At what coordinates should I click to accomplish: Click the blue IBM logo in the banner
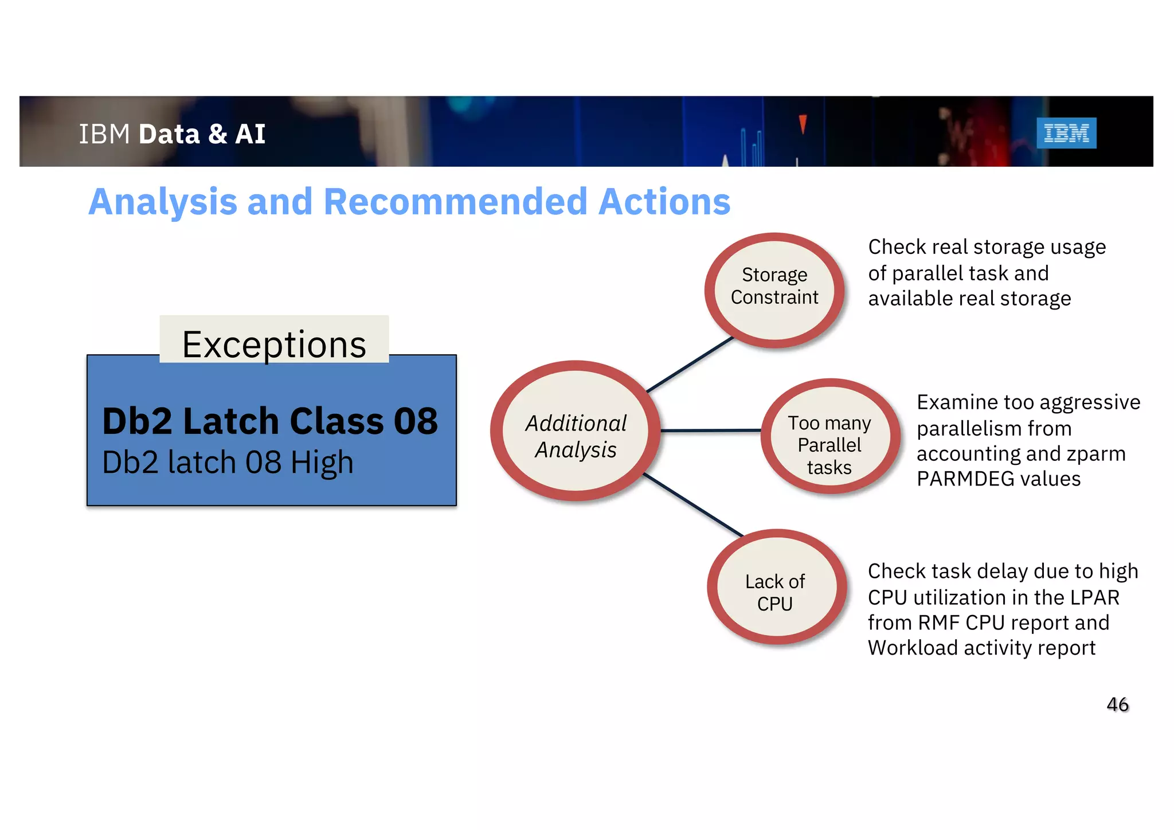[1066, 133]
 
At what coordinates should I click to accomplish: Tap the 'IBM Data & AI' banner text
[172, 134]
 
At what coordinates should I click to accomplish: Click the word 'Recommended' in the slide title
[456, 202]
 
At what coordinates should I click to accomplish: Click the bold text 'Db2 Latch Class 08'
[269, 421]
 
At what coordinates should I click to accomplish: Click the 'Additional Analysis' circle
[576, 431]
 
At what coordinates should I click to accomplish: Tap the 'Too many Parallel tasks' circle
[829, 437]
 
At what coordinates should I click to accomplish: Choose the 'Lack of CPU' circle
[775, 588]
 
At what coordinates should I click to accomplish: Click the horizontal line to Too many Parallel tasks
[711, 430]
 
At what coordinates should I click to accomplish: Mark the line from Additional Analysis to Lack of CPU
[694, 504]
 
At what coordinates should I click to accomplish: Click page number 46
[1117, 704]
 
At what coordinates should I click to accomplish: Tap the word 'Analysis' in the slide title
[163, 202]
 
